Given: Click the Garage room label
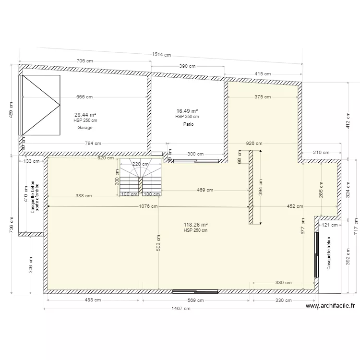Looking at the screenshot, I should click(x=85, y=128).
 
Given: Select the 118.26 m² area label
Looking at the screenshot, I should click(x=196, y=225).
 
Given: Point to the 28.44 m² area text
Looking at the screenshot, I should click(x=85, y=115).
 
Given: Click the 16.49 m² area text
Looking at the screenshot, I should click(x=187, y=111).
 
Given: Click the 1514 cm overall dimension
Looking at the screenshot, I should click(x=161, y=55).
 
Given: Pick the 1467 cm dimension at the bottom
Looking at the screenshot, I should click(x=180, y=309).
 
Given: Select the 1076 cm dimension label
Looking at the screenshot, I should click(x=148, y=207).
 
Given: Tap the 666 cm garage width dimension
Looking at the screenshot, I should click(x=84, y=97).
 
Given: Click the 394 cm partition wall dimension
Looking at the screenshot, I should click(x=261, y=188).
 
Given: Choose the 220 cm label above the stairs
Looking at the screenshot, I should click(x=141, y=164).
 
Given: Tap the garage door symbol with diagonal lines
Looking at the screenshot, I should click(x=40, y=105).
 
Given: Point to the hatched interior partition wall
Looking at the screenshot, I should click(x=251, y=187).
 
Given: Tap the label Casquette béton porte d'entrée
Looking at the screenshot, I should click(x=35, y=197).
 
